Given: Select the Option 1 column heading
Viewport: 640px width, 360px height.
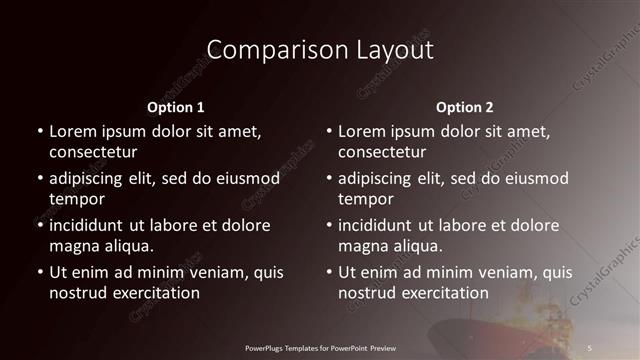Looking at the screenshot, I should pyautogui.click(x=175, y=106).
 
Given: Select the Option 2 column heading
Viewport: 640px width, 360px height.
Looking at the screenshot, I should pyautogui.click(x=465, y=106).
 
